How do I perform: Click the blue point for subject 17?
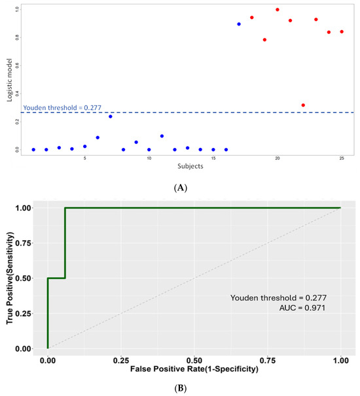click(x=239, y=24)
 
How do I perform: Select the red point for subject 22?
click(x=303, y=105)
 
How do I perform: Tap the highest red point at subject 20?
click(x=278, y=10)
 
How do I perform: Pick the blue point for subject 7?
click(x=110, y=117)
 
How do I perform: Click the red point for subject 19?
click(x=264, y=40)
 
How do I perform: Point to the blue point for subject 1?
click(x=33, y=150)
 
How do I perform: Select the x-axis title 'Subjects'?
click(x=188, y=166)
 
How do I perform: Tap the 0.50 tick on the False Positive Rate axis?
click(x=194, y=361)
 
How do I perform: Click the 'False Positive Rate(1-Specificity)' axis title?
click(x=194, y=370)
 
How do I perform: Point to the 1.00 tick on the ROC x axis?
click(x=340, y=361)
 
